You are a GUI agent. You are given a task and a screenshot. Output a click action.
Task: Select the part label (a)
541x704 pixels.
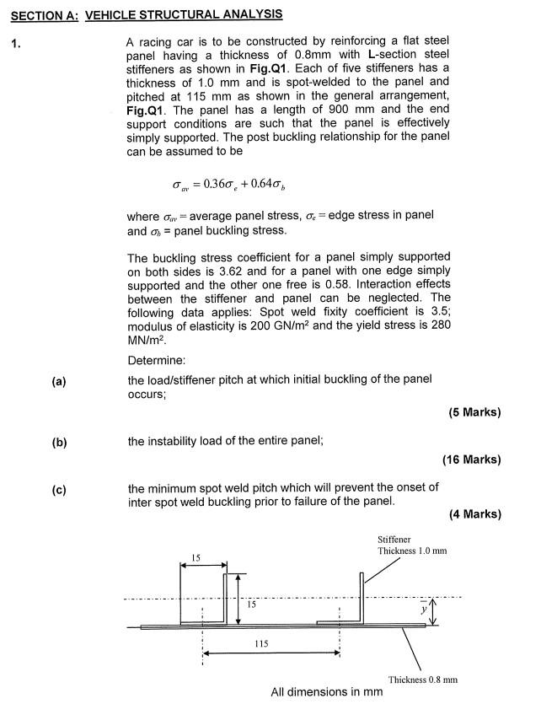click(58, 381)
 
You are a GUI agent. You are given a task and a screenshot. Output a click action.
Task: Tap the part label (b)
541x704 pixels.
click(58, 442)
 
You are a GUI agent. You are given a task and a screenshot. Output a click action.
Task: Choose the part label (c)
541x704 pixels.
click(58, 489)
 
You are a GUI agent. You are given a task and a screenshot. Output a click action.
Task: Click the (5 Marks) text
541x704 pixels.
click(474, 412)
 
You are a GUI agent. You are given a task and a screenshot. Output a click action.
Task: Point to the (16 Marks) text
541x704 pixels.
click(471, 459)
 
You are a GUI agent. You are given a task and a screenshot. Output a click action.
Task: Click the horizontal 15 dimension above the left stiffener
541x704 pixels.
click(196, 557)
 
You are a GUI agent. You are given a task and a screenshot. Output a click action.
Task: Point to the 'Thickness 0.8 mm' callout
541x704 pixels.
click(422, 679)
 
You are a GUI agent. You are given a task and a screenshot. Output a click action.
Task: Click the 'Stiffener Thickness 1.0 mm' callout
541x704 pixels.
click(412, 545)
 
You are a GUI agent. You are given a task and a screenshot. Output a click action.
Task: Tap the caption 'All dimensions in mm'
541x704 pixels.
click(326, 692)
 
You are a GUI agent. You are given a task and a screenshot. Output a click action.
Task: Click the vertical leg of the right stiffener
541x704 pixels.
click(362, 599)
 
